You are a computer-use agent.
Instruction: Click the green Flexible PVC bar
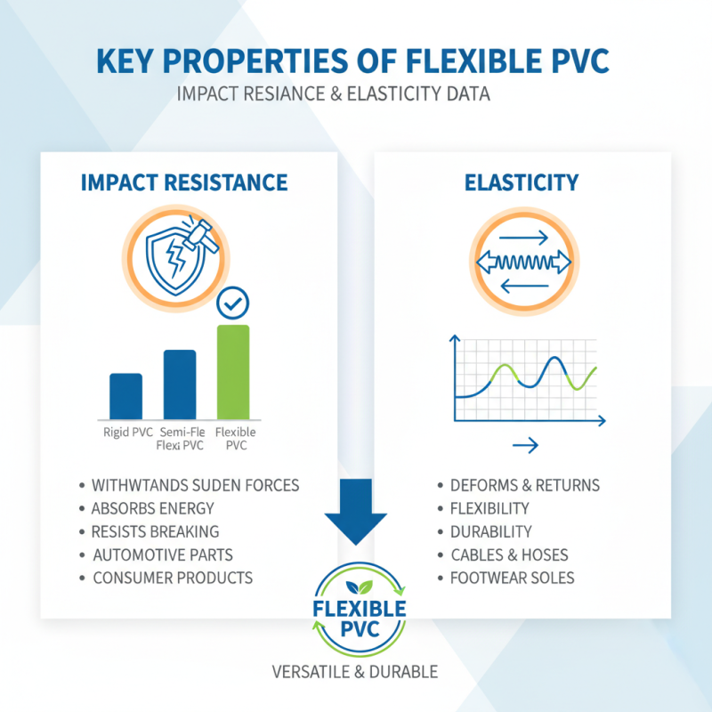coord(233,372)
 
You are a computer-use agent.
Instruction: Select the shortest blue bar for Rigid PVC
coord(125,396)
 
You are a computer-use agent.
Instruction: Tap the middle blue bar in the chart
coord(180,384)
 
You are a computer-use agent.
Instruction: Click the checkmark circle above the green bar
coord(233,305)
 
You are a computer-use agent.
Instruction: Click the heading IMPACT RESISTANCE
coord(184,183)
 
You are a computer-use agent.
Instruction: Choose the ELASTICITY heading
coord(522,183)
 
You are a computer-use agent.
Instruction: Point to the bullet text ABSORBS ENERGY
coord(152,509)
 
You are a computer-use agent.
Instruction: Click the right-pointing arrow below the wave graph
coord(524,445)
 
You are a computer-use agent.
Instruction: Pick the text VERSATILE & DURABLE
coord(356,672)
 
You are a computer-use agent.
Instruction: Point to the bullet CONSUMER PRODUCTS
coord(173,578)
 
